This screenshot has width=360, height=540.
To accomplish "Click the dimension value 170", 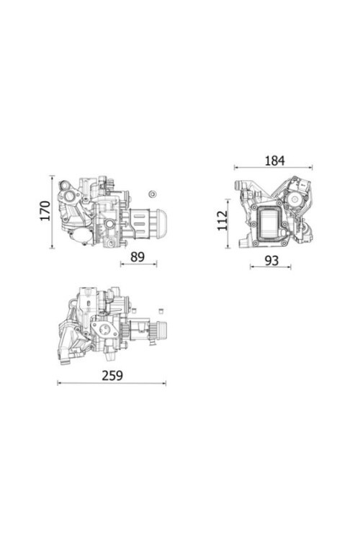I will [44, 211].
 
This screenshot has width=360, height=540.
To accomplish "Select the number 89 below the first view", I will [138, 256].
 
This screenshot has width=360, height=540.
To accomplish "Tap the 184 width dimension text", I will [274, 160].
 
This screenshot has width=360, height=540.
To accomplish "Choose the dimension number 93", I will [271, 260].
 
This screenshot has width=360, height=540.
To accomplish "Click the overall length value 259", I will [112, 375].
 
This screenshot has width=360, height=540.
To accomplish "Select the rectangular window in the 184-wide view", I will [271, 221].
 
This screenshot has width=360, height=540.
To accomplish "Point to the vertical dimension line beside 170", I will [53, 211].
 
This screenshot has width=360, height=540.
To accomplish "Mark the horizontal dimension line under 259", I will [112, 383].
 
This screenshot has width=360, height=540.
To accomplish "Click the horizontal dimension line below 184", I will [274, 168].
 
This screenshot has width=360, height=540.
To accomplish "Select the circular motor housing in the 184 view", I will [295, 194].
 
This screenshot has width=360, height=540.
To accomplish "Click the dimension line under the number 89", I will [138, 265].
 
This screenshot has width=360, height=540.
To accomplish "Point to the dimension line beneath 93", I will [271, 268].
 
